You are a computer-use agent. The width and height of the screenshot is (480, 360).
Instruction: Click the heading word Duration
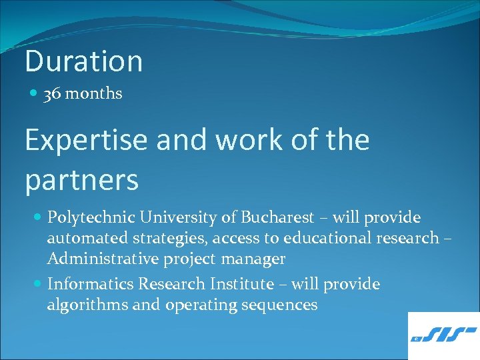pos(83,61)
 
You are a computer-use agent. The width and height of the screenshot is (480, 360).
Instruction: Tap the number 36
pos(52,94)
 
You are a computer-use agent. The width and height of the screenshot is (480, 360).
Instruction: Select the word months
pos(93,94)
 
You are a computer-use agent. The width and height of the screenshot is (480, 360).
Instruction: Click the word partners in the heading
pos(81,179)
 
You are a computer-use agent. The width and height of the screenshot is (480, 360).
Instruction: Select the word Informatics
pos(90,285)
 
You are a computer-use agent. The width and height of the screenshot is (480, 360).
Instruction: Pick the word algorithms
pos(81,305)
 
